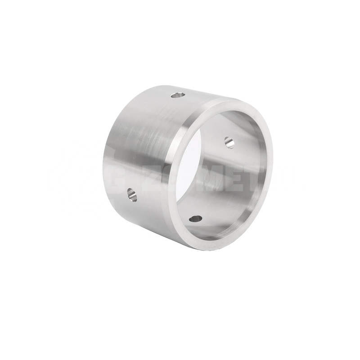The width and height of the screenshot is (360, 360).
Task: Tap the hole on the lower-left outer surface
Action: click(x=131, y=194)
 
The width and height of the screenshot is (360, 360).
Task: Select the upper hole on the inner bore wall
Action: click(x=229, y=141)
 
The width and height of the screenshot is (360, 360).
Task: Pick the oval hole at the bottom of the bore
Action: click(x=195, y=219)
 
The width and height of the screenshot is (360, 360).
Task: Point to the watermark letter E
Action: click(x=238, y=177)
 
